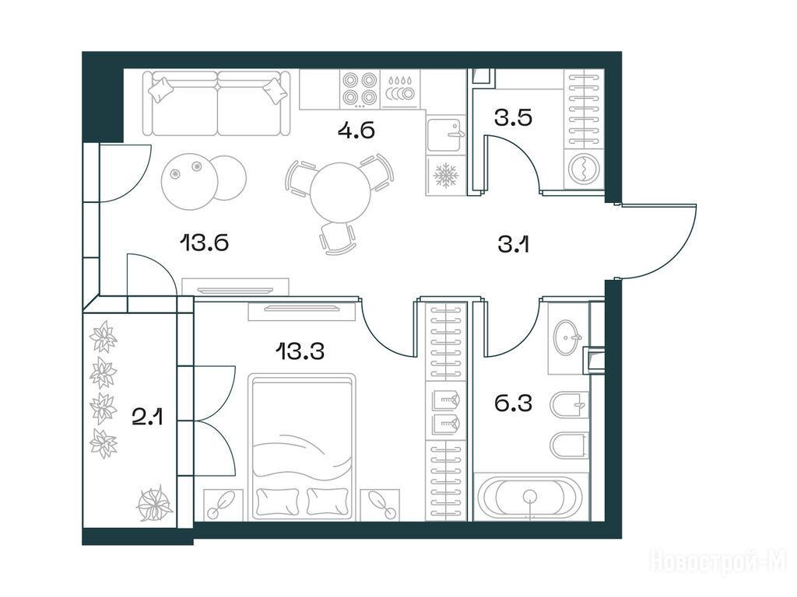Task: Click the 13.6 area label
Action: (x=204, y=243)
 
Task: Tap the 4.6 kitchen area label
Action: (x=356, y=130)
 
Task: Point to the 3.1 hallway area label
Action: (x=514, y=245)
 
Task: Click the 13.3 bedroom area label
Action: (x=300, y=351)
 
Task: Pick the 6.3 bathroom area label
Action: (x=513, y=403)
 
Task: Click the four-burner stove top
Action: (x=360, y=89)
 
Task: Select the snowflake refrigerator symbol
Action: (x=446, y=176)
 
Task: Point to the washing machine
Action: (x=584, y=168)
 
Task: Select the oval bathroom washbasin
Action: (x=569, y=337)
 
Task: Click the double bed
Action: (x=303, y=447)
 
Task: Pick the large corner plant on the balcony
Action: (x=154, y=504)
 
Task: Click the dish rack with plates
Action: (x=401, y=89)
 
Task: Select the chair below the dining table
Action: (x=336, y=237)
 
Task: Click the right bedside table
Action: (x=380, y=505)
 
